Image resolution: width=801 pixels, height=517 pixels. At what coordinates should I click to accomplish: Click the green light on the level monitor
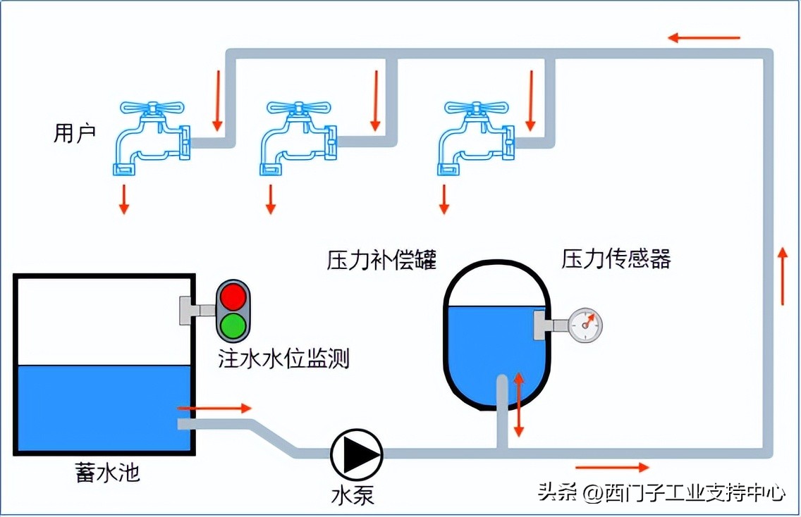pos(233,325)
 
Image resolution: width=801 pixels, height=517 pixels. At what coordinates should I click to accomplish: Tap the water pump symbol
pos(357,454)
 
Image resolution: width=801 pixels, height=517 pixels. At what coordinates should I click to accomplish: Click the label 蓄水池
pos(107,472)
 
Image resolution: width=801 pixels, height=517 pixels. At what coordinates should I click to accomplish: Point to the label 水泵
pos(353,495)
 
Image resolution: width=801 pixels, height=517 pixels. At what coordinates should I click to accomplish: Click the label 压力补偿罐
pos(381,260)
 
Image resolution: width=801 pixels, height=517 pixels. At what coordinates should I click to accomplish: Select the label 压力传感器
pos(616,258)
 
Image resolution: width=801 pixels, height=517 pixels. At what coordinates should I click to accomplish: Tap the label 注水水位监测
pos(283,360)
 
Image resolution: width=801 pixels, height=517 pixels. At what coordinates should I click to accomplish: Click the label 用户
pos(74,133)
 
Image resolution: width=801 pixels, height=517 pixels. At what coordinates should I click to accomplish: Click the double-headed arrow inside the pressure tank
pos(519,404)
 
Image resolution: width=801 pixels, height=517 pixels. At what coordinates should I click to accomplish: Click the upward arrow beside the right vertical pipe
pos(783,276)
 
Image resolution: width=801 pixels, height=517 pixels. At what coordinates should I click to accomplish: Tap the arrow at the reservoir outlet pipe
pos(214,408)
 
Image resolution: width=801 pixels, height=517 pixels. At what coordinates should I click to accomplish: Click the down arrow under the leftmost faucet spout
pos(124,199)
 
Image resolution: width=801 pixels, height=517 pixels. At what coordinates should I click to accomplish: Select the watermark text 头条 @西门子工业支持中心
pos(661,492)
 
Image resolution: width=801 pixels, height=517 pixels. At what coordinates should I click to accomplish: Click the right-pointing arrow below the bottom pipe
pos(612,467)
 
